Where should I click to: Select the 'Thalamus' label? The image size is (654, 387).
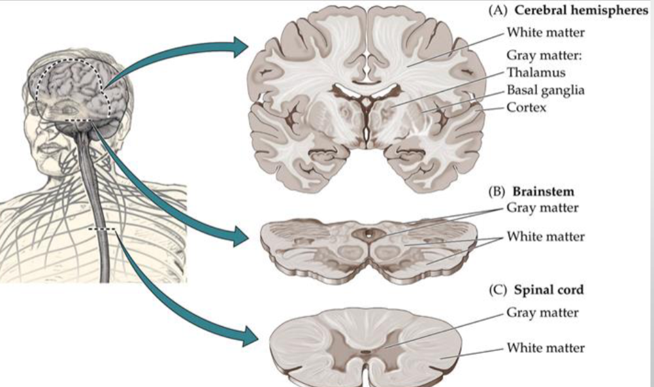536,73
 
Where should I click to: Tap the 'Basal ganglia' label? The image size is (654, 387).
546,90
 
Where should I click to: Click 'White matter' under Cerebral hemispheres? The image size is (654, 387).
546,31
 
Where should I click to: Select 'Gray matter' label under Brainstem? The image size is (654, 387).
542,208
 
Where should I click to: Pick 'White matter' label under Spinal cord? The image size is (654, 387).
546,347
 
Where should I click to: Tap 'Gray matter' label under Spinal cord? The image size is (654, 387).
542,312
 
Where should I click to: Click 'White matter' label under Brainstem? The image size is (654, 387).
546,237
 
